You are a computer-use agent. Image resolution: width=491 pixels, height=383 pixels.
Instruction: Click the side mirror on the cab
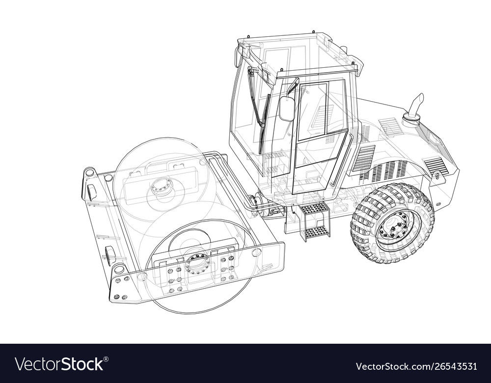coord(287,109)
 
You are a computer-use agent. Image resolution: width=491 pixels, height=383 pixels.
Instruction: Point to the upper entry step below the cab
coord(314,208)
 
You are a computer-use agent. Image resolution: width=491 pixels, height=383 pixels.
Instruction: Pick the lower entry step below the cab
coord(317,230)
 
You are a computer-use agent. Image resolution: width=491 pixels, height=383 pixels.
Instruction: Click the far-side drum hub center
coord(162,186)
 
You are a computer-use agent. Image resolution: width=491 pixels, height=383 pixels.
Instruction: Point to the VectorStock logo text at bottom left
coord(59,364)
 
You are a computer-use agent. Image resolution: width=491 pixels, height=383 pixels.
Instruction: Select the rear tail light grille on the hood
coord(436,165)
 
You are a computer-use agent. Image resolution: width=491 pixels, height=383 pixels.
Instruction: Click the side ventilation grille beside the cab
coord(364,158)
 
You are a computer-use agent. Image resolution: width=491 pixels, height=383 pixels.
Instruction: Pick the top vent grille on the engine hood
coord(390,126)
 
